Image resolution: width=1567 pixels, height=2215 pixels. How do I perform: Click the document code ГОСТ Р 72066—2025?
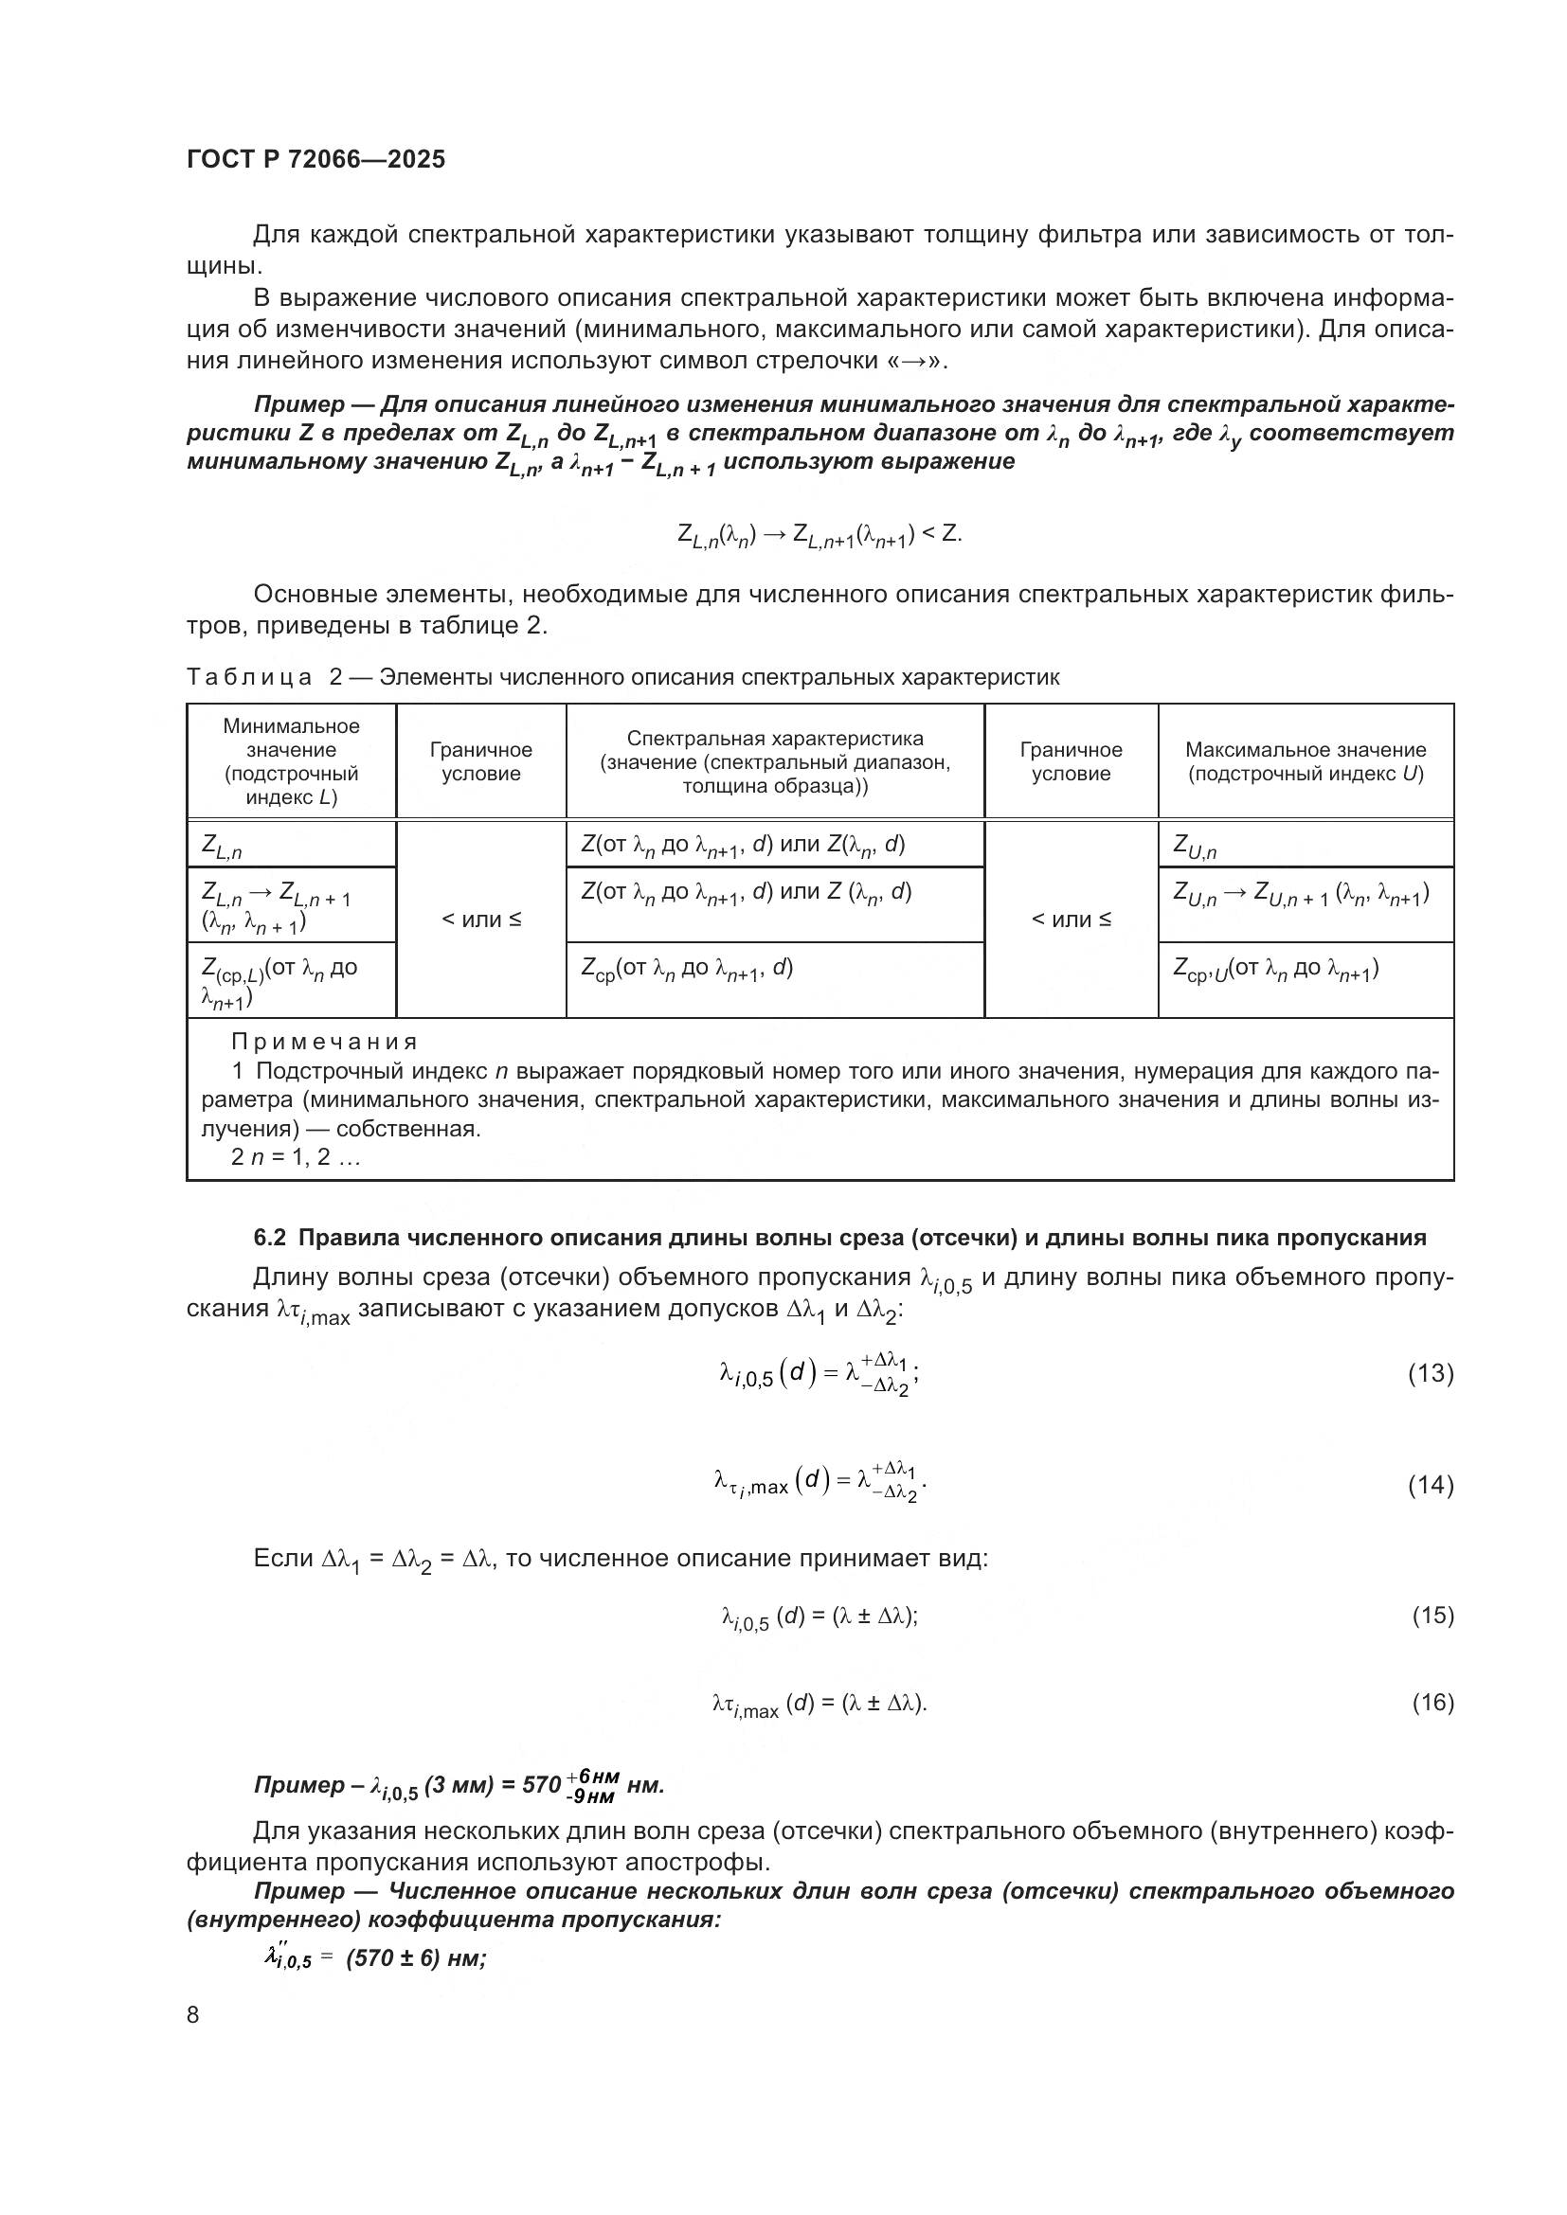point(315,159)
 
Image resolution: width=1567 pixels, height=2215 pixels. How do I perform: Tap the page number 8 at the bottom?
point(193,2014)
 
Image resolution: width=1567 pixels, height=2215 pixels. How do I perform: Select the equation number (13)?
point(1430,1374)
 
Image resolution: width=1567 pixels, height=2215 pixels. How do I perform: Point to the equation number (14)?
point(1430,1485)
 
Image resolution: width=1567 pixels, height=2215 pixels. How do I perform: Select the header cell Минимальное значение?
point(291,761)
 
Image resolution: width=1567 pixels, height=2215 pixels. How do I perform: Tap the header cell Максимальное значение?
point(1305,761)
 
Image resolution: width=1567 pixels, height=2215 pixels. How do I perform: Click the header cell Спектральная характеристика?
point(774,761)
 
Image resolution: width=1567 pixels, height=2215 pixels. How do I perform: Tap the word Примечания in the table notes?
point(324,1042)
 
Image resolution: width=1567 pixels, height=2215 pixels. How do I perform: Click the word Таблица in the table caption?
point(249,677)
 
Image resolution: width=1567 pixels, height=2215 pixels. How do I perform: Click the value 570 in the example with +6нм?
point(541,1785)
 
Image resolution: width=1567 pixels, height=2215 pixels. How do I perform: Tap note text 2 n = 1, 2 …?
point(296,1156)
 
